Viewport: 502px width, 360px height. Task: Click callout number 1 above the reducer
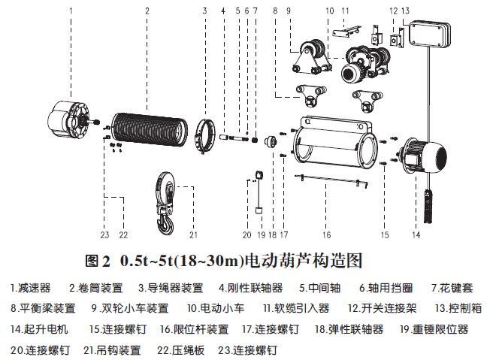[71, 11]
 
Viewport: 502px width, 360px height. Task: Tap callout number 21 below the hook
[193, 235]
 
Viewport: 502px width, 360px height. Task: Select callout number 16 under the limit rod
[326, 235]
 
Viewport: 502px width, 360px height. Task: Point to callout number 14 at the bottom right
[416, 235]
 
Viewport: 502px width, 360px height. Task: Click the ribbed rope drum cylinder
[150, 130]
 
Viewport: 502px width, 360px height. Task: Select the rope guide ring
[205, 136]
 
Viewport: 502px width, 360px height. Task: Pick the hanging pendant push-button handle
[428, 206]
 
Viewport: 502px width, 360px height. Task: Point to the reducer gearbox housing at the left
[69, 119]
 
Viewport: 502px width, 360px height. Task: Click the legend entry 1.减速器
[30, 288]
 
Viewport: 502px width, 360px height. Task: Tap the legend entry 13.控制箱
[458, 308]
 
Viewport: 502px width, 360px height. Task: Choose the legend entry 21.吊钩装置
[112, 350]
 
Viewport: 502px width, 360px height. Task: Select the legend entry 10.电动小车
[216, 308]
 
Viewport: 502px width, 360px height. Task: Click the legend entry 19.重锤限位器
[434, 329]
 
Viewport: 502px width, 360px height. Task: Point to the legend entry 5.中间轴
[320, 288]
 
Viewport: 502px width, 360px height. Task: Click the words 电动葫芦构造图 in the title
[303, 261]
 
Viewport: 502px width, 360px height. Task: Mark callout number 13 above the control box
[405, 11]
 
